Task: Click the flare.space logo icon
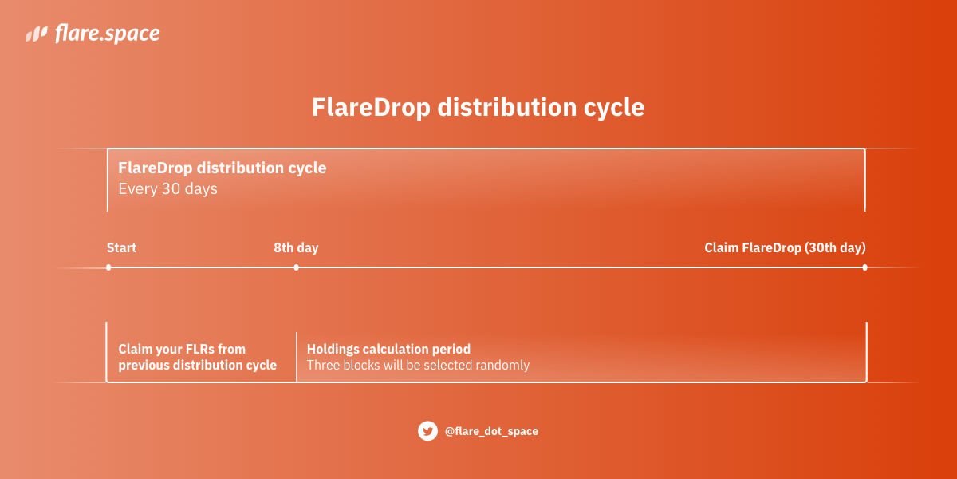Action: coord(37,34)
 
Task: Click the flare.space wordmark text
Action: coord(107,34)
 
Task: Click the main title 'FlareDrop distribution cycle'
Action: coord(478,107)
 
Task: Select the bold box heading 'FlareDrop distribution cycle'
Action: coord(222,168)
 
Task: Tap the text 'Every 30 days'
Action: coord(167,189)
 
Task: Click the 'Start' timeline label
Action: coord(121,247)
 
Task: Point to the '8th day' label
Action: coord(296,247)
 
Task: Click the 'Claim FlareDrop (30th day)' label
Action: coord(785,247)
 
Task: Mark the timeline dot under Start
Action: coord(108,267)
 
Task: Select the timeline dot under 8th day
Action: coord(296,267)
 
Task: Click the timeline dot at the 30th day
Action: coord(864,267)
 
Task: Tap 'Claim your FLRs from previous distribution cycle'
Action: coord(197,357)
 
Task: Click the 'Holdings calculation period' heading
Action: coord(388,349)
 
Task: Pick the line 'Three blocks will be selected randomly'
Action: coord(418,366)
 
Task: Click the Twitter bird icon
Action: coord(428,431)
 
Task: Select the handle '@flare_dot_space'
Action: coord(491,431)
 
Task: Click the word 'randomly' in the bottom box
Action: coord(504,366)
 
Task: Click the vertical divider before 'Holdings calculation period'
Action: coord(296,357)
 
